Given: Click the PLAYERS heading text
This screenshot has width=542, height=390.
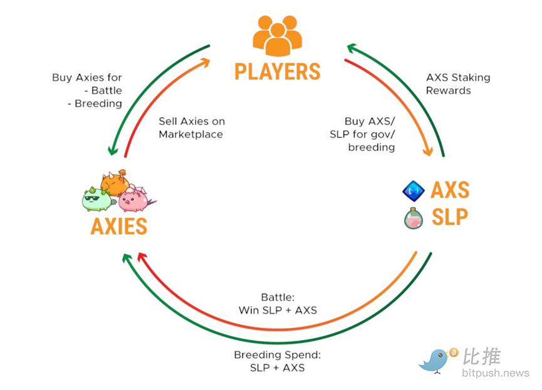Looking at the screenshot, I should (277, 71).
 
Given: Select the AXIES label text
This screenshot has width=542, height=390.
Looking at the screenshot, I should (119, 225).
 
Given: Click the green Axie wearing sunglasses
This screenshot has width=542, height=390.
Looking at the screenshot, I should (96, 198).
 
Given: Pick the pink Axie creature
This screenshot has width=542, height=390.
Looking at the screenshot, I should (134, 198).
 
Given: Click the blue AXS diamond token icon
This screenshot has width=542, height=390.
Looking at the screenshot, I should (414, 190).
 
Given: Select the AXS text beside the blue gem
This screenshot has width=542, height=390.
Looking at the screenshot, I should (449, 190).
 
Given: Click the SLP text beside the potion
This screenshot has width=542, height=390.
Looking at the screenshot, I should (449, 217).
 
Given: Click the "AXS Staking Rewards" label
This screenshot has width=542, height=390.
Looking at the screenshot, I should (457, 84).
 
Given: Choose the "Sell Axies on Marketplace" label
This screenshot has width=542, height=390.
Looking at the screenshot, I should (191, 128).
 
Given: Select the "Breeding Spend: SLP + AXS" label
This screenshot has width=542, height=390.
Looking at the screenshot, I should (277, 361).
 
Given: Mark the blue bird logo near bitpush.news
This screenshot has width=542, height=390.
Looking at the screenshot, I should (437, 360).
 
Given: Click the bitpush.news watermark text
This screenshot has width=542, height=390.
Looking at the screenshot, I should (496, 374).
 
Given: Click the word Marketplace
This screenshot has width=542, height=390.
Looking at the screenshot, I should (191, 134).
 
